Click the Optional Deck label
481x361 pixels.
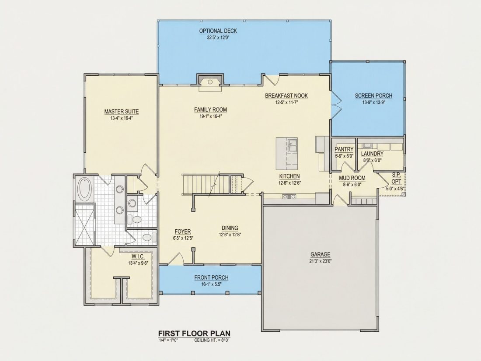(x=218, y=31)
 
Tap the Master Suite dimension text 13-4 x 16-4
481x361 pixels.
(x=121, y=118)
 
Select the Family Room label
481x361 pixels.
(x=210, y=109)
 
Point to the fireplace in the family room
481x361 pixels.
(x=210, y=82)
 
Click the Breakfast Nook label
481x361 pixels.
(x=286, y=96)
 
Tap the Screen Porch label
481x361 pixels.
(x=373, y=96)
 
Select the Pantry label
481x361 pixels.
(x=344, y=149)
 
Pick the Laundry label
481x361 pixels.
(x=372, y=154)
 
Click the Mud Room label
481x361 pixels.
(x=352, y=178)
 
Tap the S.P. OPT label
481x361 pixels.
(x=396, y=179)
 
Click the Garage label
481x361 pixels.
(x=321, y=254)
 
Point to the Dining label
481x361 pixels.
(x=230, y=228)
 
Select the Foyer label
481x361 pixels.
(x=183, y=231)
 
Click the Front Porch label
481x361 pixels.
(x=211, y=277)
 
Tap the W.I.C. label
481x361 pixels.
(x=138, y=256)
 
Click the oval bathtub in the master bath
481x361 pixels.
(x=84, y=189)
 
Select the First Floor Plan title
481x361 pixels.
(x=194, y=333)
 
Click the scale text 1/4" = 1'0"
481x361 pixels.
(x=168, y=340)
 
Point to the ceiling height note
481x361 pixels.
(x=212, y=340)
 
